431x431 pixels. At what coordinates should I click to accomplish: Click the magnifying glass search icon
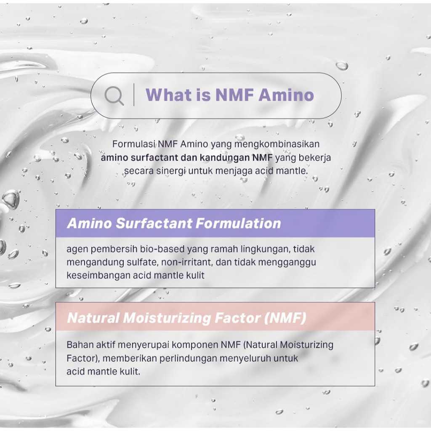pyautogui.click(x=114, y=96)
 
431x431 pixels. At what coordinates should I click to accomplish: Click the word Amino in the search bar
pyautogui.click(x=286, y=95)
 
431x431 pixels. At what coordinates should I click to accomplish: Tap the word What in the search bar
pyautogui.click(x=168, y=95)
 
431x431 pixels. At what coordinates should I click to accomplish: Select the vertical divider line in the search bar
pyautogui.click(x=134, y=95)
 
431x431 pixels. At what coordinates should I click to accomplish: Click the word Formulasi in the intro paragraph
pyautogui.click(x=134, y=144)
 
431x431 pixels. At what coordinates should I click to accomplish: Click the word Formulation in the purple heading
pyautogui.click(x=238, y=223)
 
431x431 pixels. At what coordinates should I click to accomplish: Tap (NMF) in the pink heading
pyautogui.click(x=285, y=318)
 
